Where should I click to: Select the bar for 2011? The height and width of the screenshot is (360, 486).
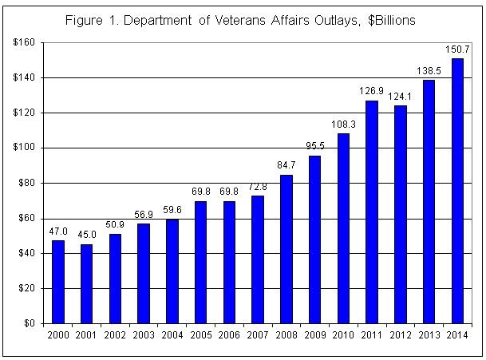(x=371, y=212)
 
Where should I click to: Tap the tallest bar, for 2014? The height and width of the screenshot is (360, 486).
(x=457, y=191)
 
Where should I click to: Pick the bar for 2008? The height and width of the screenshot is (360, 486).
(x=286, y=249)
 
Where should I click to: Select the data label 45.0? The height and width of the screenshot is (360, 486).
(x=86, y=236)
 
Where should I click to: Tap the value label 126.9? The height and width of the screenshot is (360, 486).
(x=371, y=93)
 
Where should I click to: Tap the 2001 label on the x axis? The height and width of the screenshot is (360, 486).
(x=86, y=335)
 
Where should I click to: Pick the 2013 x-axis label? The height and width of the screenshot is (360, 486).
(x=429, y=335)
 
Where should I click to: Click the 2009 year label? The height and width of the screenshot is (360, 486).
(x=314, y=335)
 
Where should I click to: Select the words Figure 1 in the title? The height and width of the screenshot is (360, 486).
(x=90, y=18)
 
